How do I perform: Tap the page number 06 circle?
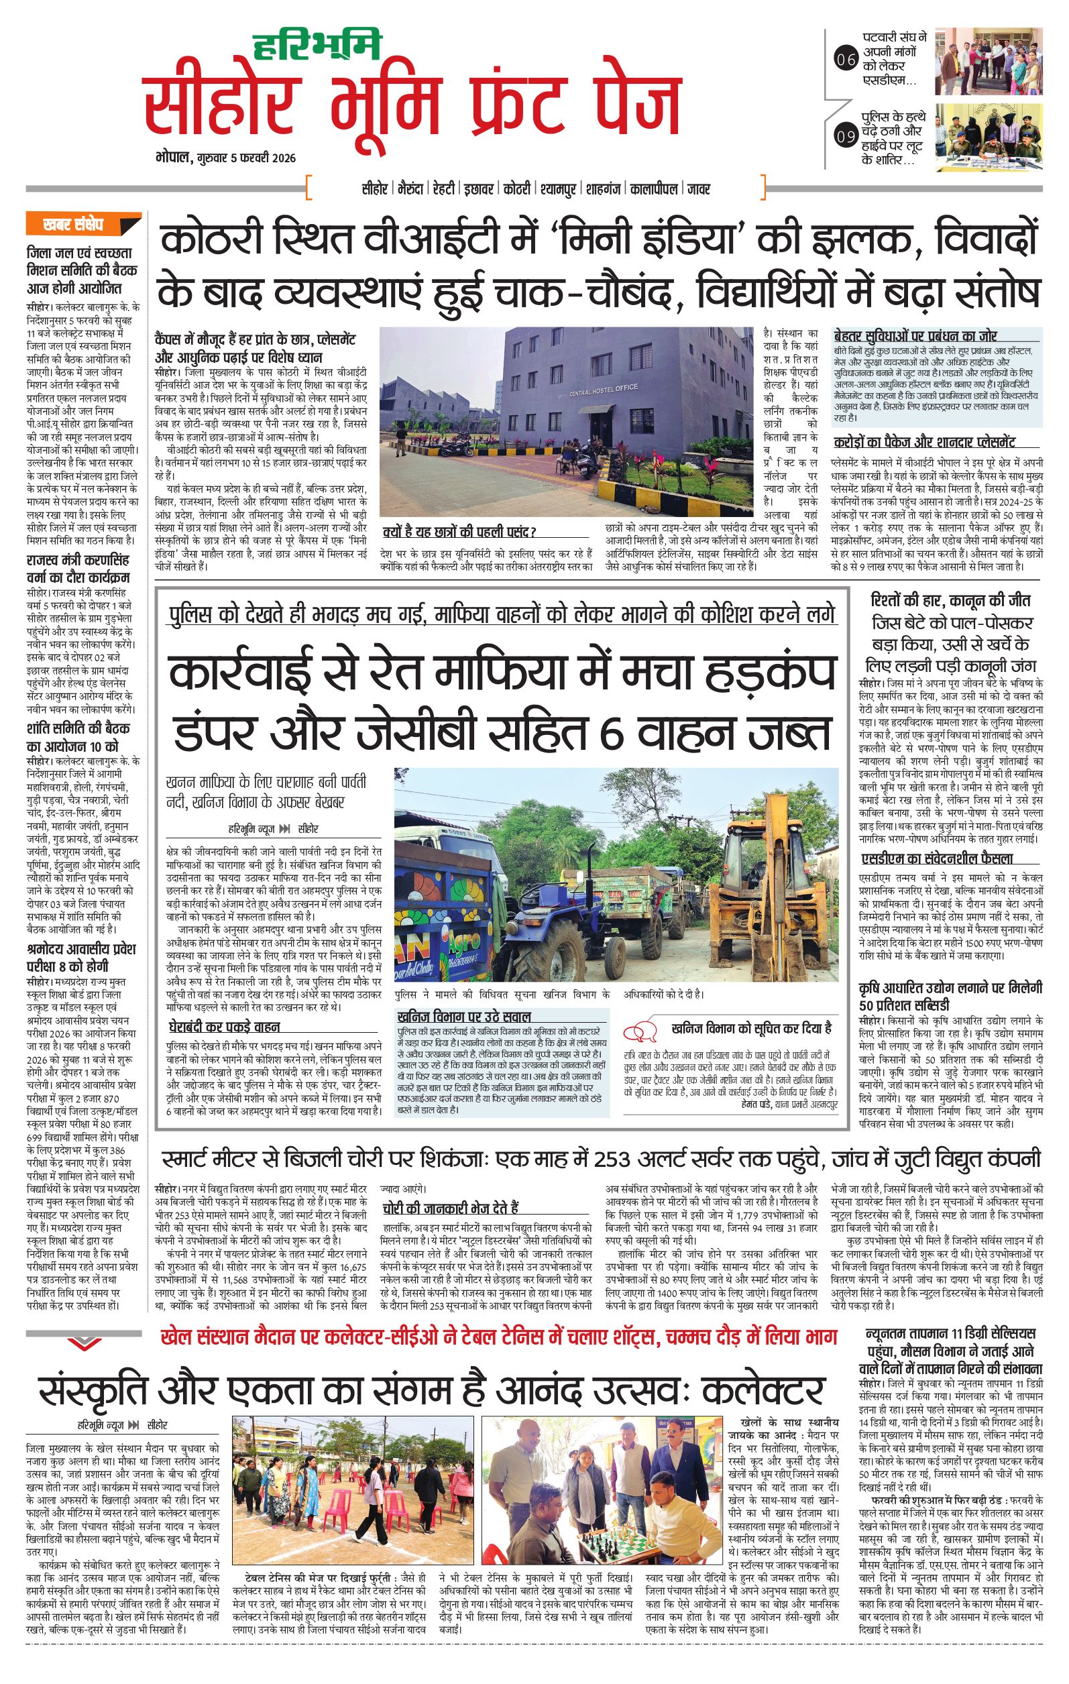(845, 60)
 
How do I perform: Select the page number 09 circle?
(845, 136)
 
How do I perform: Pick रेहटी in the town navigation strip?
(443, 188)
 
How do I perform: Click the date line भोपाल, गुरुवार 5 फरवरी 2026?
(226, 158)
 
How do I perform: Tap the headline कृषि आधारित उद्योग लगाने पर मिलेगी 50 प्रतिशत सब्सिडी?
(951, 997)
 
